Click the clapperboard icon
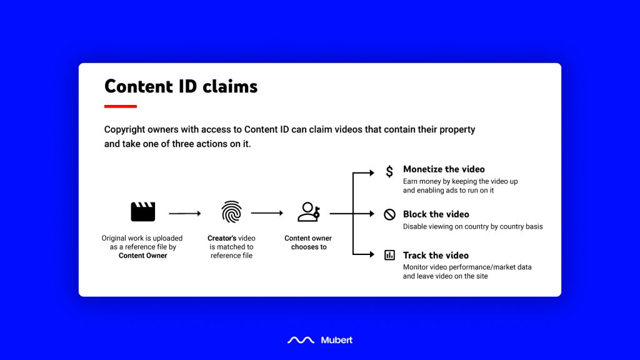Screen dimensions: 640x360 coord(143,211)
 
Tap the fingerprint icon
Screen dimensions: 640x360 coord(231,212)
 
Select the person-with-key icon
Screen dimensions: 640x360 coord(309,212)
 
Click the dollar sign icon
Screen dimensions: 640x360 coord(389,171)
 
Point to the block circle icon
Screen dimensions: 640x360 coord(389,214)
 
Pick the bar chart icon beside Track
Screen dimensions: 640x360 coord(389,255)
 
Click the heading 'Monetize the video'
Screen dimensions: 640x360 coord(444,169)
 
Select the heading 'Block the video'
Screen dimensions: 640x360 coord(436,214)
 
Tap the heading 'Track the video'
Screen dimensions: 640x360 coord(436,256)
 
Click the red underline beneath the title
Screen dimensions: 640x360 coord(121,106)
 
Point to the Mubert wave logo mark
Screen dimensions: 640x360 coord(301,340)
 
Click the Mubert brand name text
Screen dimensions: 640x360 coord(337,340)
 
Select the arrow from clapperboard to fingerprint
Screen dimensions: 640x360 coord(185,214)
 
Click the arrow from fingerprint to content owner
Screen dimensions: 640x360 coord(267,213)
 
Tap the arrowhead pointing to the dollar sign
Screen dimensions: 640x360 coord(372,172)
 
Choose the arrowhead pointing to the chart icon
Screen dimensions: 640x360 coord(372,254)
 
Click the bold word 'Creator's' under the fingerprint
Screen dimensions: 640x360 coord(222,238)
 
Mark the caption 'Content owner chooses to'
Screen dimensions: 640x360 coord(308,242)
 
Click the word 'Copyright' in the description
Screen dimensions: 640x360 coord(124,130)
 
